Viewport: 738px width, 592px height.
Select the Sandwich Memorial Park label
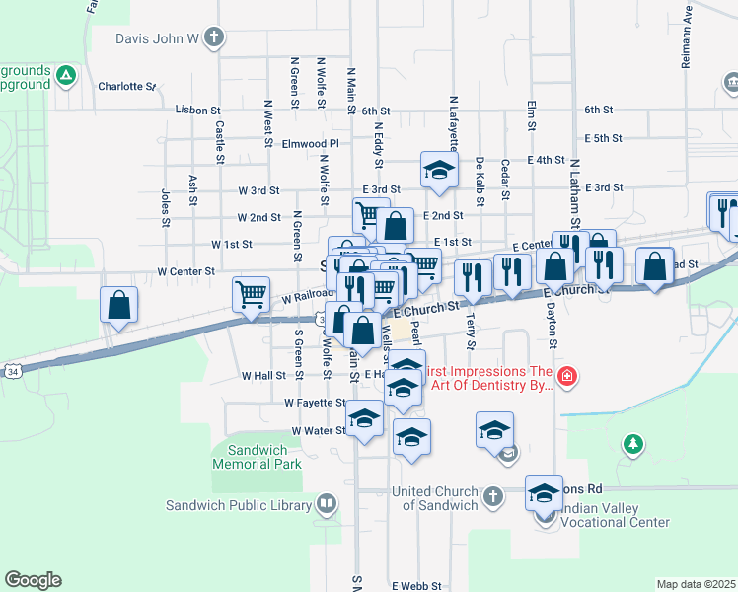coord(258,457)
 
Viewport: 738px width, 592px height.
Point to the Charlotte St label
coord(126,86)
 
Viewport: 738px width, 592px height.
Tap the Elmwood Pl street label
coord(310,143)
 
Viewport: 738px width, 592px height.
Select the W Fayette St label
coord(315,403)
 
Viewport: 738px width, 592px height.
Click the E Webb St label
coord(416,585)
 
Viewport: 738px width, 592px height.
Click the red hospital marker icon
coord(566,376)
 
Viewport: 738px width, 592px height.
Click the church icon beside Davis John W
coord(215,38)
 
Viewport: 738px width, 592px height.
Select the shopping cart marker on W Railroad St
coord(251,293)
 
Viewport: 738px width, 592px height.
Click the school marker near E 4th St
coord(439,170)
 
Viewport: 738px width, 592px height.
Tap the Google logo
coord(34,580)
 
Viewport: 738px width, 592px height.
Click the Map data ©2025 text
coord(696,584)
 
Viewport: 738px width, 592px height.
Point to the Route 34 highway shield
coord(11,369)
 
